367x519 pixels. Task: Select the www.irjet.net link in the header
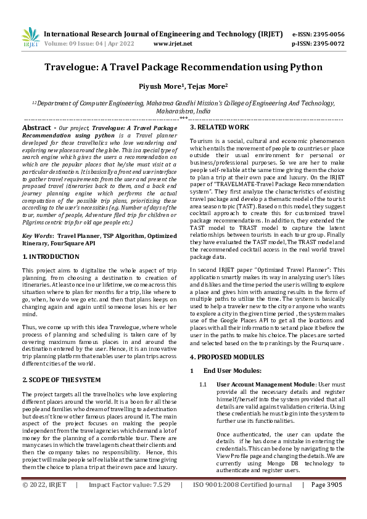pyautogui.click(x=173, y=44)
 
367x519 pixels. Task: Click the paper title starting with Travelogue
pyautogui.click(x=183, y=68)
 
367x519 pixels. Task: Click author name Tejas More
pyautogui.click(x=206, y=88)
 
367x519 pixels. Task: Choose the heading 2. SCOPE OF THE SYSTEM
pyautogui.click(x=61, y=380)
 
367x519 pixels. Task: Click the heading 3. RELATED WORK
pyautogui.click(x=220, y=128)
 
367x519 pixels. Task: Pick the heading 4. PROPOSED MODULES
pyautogui.click(x=228, y=357)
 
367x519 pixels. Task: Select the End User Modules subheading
pyautogui.click(x=233, y=370)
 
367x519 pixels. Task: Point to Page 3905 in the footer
pyautogui.click(x=327, y=502)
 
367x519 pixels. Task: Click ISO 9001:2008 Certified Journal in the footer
pyautogui.click(x=242, y=502)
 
